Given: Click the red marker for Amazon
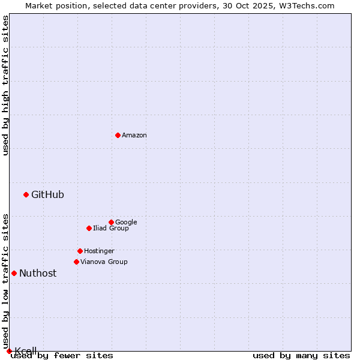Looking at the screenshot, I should pos(118,135).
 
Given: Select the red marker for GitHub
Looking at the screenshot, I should pos(26,194).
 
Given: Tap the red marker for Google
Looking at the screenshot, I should pos(111,222).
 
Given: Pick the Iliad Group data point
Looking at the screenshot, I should pos(89,228).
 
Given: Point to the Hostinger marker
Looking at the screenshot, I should pos(80,251).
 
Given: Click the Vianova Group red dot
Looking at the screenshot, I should pos(76,262).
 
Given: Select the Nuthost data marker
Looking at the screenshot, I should pos(14,273).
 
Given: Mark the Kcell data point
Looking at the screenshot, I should pos(9,351).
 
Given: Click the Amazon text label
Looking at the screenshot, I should pos(134,136).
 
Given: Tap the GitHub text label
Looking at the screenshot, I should pos(47,194).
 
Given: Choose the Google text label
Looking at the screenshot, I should pos(126,222).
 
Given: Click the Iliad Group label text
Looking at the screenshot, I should pos(111,228).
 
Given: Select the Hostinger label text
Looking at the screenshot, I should pos(99,251).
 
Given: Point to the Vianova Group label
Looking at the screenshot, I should pos(104,262).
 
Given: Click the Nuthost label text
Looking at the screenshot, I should pos(38,273).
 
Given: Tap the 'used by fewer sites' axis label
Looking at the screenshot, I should pos(62,355).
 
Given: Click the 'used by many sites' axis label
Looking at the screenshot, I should pos(301,355).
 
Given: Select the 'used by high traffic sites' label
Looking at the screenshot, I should pos(6,85).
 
